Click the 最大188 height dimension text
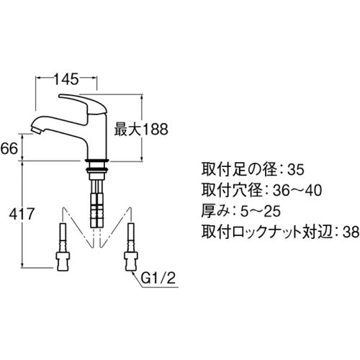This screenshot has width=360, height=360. tap(140, 130)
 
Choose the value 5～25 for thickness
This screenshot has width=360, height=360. tap(260, 212)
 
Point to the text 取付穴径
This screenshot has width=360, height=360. tap(231, 191)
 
